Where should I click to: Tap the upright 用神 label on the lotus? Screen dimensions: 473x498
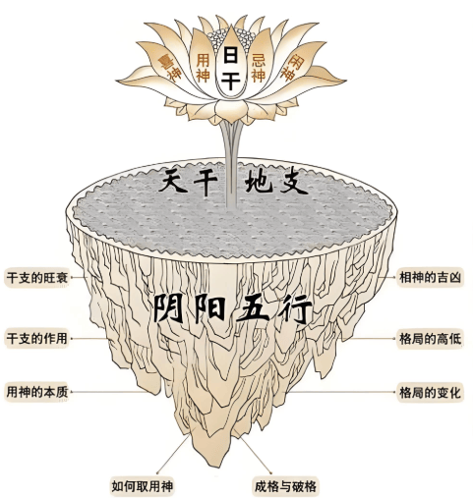pos(203,69)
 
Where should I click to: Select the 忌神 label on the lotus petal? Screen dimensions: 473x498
pos(259,69)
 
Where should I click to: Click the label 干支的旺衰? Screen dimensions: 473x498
pos(36,277)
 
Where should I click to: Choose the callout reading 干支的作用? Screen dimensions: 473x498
pos(36,338)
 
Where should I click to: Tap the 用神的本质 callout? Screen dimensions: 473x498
pos(36,392)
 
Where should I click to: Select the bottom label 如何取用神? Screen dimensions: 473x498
pos(142,486)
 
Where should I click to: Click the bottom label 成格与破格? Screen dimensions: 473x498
pos(285,486)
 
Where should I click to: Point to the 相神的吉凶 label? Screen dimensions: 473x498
pos(430,277)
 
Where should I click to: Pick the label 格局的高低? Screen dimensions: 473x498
pos(430,338)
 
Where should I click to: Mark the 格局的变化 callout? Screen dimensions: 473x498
pos(430,392)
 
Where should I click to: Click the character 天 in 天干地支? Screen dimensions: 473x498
pos(173,181)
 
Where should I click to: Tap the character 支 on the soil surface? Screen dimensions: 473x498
pos(294,182)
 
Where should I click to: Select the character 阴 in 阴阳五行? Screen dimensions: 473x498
pos(170,307)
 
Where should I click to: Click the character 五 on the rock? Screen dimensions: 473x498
pos(253,308)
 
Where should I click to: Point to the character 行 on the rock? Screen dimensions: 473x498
pos(295,309)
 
